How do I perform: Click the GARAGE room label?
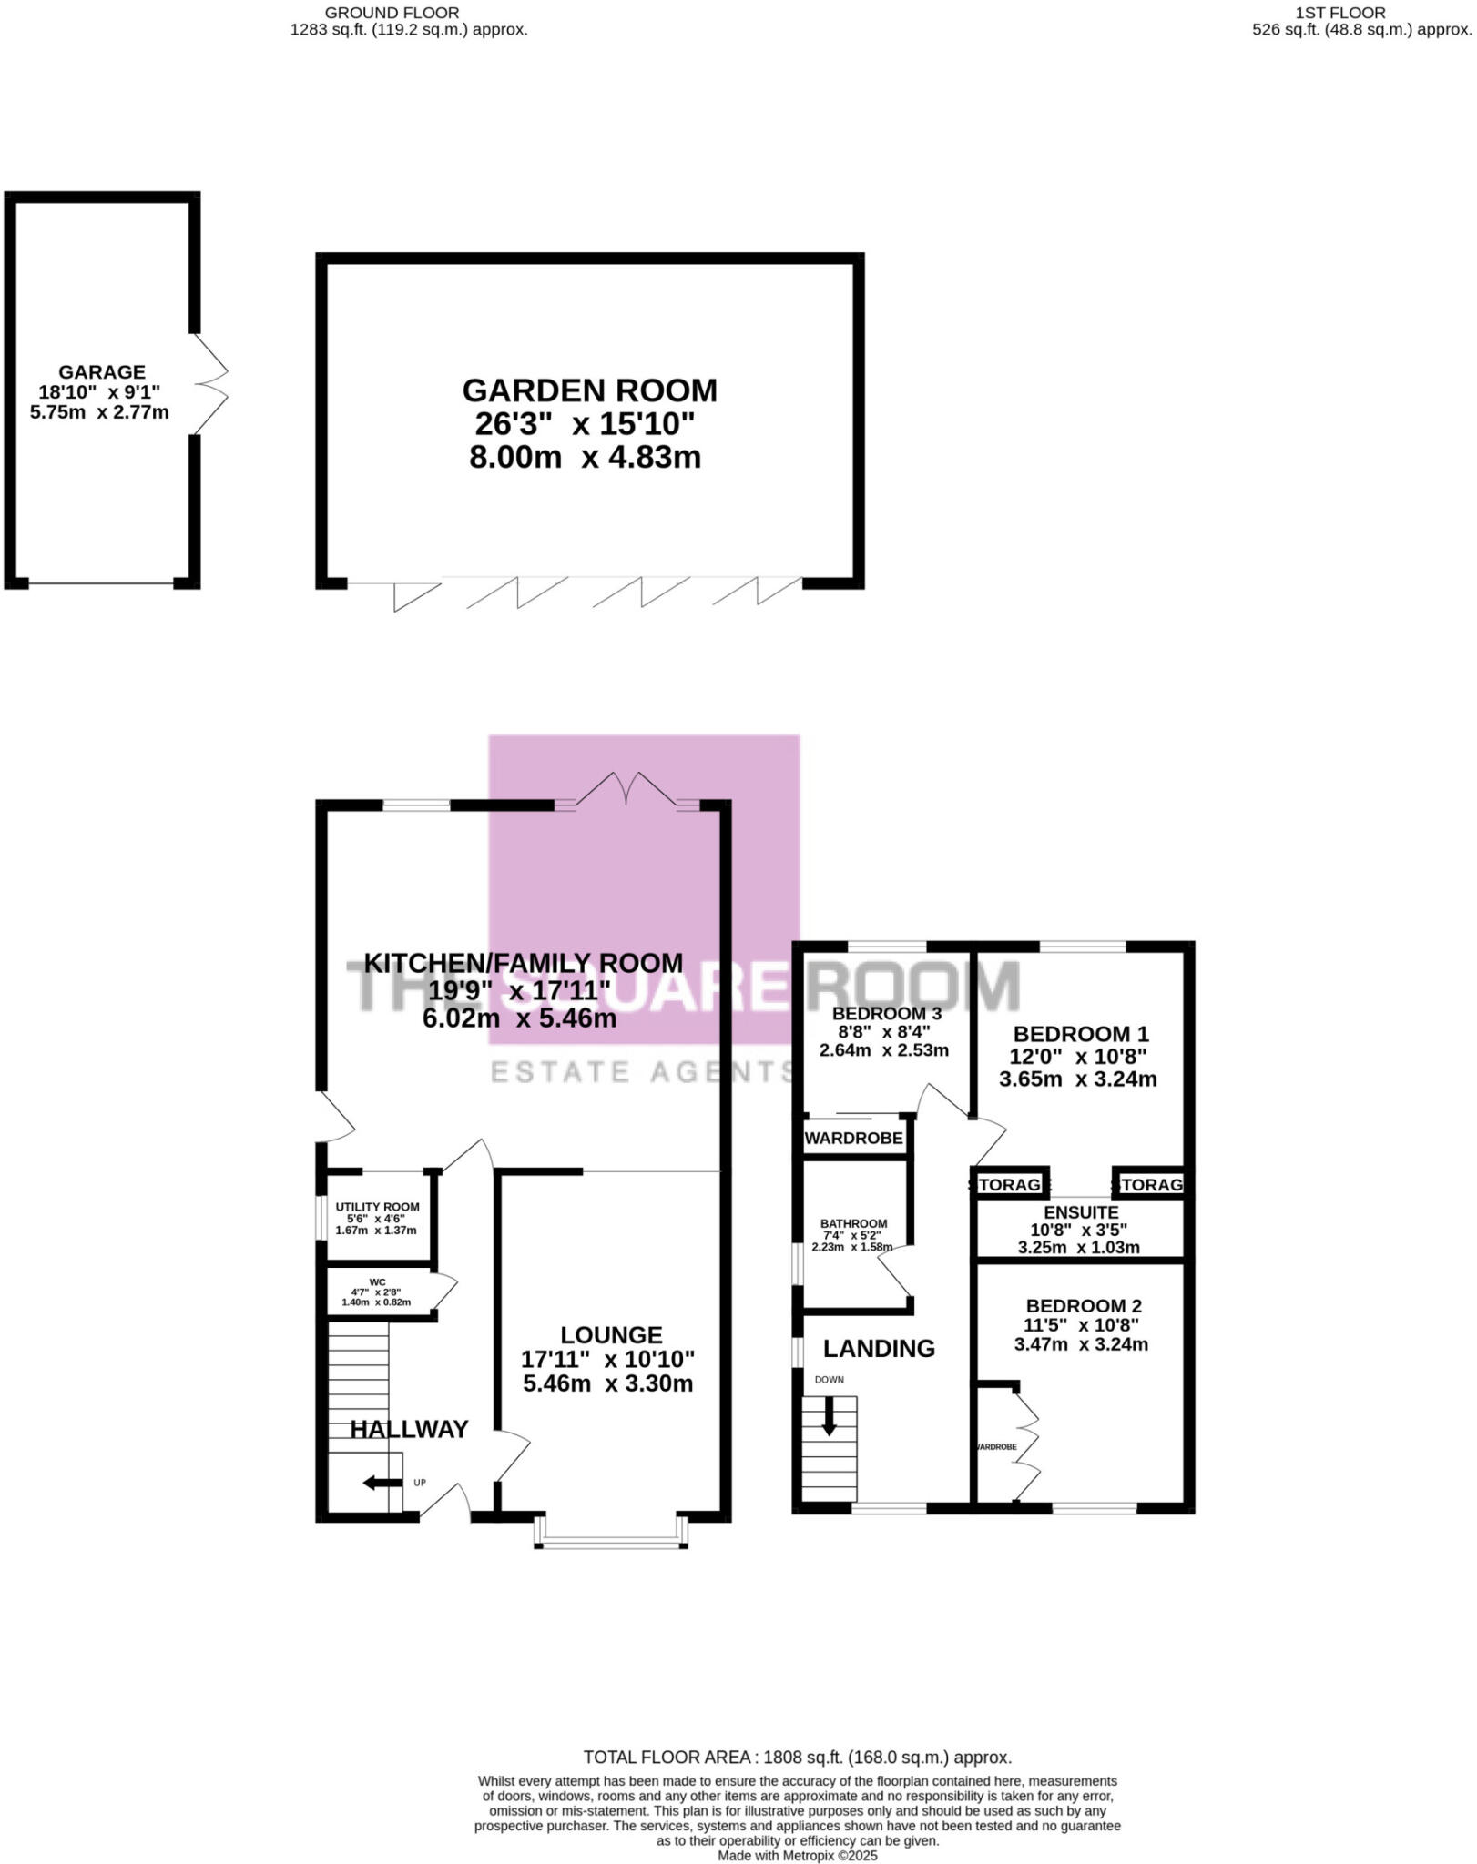(101, 372)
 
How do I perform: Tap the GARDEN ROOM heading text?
(589, 390)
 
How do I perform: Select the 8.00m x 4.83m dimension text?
(585, 457)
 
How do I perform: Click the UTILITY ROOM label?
(377, 1207)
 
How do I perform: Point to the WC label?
(377, 1282)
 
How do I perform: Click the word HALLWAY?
(409, 1429)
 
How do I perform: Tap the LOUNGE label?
(611, 1335)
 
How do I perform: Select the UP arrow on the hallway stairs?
(382, 1484)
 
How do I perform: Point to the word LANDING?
(879, 1349)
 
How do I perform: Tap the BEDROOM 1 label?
(1081, 1034)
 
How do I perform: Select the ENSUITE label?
(1081, 1212)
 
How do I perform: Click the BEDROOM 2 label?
(1084, 1306)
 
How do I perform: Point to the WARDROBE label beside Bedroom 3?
(853, 1139)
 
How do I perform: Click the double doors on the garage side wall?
(210, 382)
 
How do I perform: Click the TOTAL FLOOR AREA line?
(797, 1758)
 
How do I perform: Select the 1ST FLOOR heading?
(1339, 13)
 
